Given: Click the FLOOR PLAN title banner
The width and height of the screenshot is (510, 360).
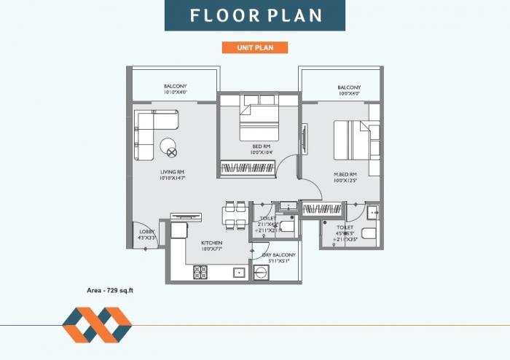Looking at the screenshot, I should click(x=254, y=15).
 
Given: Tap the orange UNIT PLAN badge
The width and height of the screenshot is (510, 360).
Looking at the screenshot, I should click(x=254, y=47).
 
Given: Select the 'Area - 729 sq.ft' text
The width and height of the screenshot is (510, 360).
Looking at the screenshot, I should click(x=110, y=290).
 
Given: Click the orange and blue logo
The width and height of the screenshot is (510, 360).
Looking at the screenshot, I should click(x=96, y=324).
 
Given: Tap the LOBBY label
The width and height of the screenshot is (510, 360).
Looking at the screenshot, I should click(x=146, y=234).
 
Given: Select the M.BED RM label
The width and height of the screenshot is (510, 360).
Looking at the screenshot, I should click(x=345, y=176).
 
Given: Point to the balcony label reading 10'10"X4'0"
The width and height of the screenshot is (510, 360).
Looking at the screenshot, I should click(x=175, y=90).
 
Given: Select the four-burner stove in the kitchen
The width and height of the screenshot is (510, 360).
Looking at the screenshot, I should click(x=200, y=273).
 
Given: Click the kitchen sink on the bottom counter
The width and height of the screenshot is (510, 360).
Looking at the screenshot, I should click(x=238, y=273).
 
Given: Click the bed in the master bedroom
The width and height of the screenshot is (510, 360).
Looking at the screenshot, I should click(x=352, y=139).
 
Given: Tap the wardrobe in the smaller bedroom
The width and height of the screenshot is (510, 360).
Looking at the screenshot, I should click(x=248, y=168).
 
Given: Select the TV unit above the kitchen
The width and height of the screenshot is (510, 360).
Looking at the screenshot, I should click(x=185, y=216).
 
